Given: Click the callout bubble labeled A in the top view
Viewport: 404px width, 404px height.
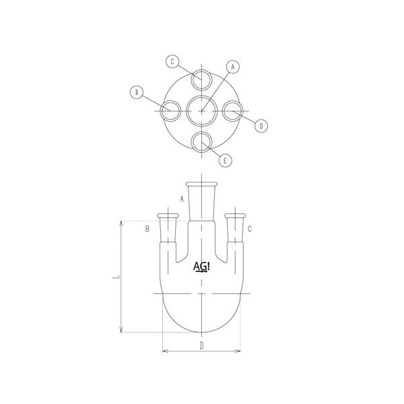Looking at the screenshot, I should pyautogui.click(x=233, y=67).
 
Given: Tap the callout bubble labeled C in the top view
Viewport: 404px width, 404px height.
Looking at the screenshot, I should pyautogui.click(x=172, y=62).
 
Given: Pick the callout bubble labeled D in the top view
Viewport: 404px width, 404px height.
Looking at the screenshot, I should pyautogui.click(x=263, y=125).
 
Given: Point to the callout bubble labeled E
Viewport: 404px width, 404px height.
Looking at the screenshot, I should pyautogui.click(x=226, y=160).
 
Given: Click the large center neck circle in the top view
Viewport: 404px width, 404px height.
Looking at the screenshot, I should pyautogui.click(x=201, y=110).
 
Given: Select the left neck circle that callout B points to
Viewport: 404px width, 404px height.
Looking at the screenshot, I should pyautogui.click(x=170, y=110).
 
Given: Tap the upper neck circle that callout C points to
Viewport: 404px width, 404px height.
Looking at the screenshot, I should pyautogui.click(x=201, y=79).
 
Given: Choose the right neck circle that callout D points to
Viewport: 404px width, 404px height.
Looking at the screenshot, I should pyautogui.click(x=232, y=110).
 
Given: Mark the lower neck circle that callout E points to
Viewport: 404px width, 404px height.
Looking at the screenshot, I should pyautogui.click(x=201, y=141).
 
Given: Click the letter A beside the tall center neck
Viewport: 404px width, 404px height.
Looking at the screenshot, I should pyautogui.click(x=181, y=199).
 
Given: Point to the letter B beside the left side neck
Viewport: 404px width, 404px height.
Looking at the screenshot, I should pyautogui.click(x=147, y=230).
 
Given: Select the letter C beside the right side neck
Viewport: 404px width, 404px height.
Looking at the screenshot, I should pyautogui.click(x=250, y=230).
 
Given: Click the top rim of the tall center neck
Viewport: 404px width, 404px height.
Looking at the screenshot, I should pyautogui.click(x=201, y=184).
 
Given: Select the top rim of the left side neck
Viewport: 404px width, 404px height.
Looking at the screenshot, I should pyautogui.click(x=168, y=215).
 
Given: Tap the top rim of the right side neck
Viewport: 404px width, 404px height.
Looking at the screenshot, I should pyautogui.click(x=235, y=215).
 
